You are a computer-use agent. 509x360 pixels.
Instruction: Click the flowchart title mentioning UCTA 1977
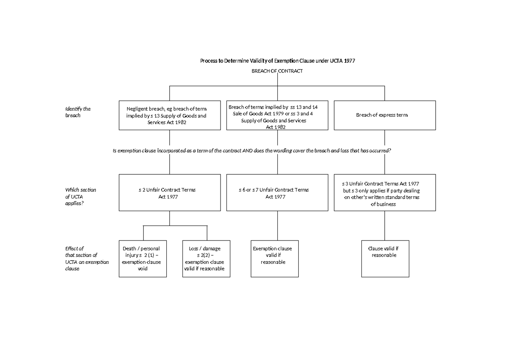(x=277, y=61)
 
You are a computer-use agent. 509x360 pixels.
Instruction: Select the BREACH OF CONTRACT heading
(x=277, y=71)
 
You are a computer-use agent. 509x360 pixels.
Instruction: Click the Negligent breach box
(x=170, y=115)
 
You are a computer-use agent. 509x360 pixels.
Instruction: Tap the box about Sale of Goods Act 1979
(x=277, y=115)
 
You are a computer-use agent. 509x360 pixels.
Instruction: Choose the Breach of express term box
(x=385, y=115)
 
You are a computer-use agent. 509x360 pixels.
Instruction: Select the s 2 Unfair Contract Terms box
(x=170, y=193)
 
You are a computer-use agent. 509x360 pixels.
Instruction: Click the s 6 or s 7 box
(x=277, y=193)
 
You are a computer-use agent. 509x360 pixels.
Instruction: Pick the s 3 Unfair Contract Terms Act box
(x=385, y=193)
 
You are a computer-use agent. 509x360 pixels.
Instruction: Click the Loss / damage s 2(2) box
(x=207, y=259)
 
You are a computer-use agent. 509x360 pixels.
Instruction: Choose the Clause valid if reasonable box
(x=385, y=259)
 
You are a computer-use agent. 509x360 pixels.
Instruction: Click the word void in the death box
(x=143, y=269)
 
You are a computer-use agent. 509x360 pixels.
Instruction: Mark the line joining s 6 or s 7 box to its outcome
(x=277, y=226)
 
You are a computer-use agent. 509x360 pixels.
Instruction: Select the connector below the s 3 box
(x=385, y=226)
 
